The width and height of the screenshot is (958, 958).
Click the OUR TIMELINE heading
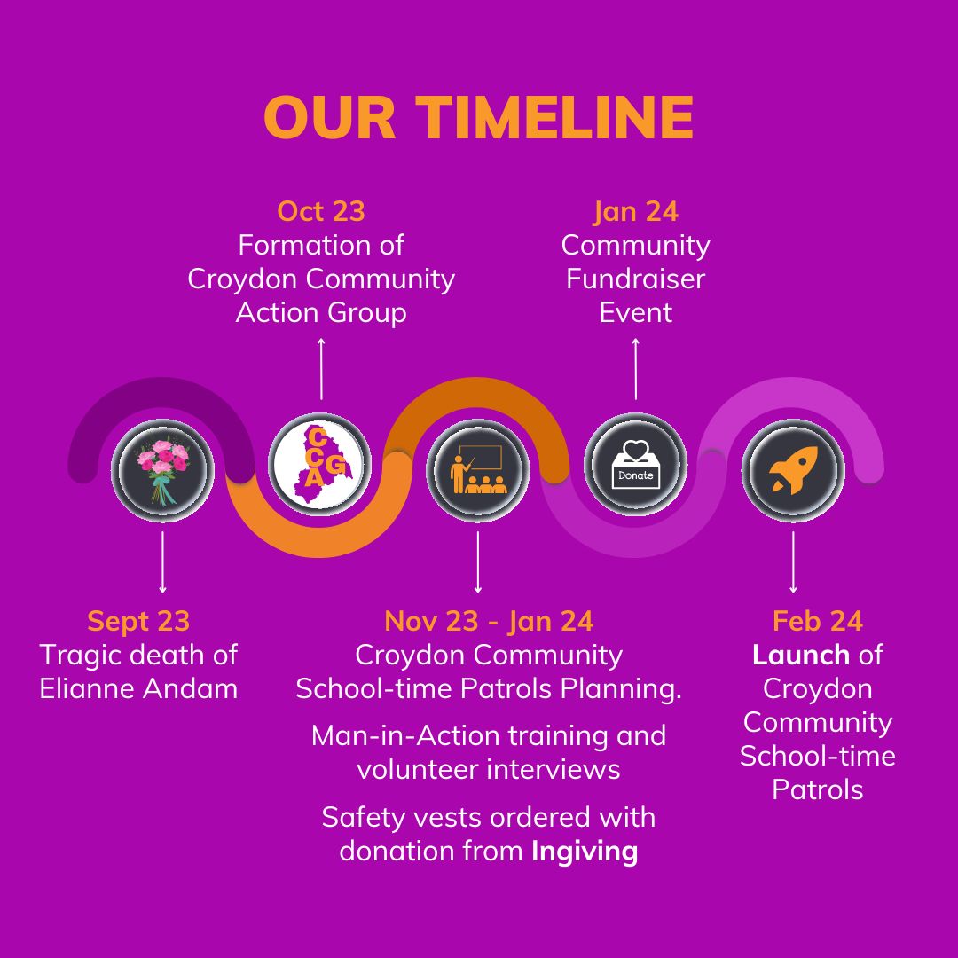(478, 117)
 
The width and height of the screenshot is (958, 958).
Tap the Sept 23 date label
(138, 622)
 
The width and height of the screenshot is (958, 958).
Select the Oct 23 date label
(321, 211)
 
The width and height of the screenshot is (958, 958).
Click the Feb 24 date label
(818, 621)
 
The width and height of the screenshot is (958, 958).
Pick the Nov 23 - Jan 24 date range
(489, 622)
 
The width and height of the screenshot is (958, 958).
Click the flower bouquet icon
(162, 470)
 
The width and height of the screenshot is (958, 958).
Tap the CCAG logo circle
(319, 464)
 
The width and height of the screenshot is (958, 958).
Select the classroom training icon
(478, 470)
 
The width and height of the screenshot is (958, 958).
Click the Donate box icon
(635, 464)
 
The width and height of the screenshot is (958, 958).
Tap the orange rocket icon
(793, 470)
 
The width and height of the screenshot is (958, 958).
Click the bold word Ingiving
(585, 852)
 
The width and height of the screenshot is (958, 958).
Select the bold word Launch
(800, 655)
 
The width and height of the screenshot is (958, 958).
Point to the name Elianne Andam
(138, 688)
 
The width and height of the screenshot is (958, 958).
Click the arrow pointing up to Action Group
(321, 369)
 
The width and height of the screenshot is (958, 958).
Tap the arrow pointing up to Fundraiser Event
(636, 369)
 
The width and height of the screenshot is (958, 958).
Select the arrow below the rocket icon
(793, 562)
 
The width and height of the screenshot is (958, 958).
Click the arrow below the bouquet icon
(162, 562)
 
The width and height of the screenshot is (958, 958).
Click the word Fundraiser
(635, 279)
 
